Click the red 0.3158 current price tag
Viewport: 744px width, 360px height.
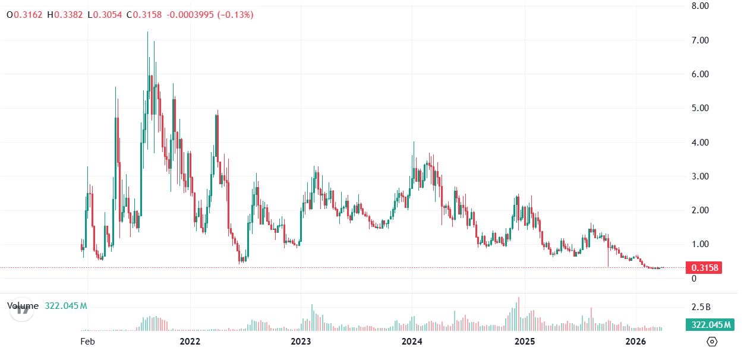pyautogui.click(x=704, y=267)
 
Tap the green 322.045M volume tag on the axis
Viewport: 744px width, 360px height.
pyautogui.click(x=710, y=324)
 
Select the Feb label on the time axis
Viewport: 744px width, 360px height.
pyautogui.click(x=87, y=342)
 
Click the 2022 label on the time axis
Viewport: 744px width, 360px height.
pyautogui.click(x=190, y=342)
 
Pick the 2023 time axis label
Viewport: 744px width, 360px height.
pyautogui.click(x=301, y=342)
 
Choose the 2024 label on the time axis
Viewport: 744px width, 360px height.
pyautogui.click(x=412, y=342)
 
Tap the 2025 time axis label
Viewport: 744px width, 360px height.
pyautogui.click(x=524, y=342)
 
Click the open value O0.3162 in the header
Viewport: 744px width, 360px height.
pyautogui.click(x=24, y=14)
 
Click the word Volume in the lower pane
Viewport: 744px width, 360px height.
pyautogui.click(x=23, y=306)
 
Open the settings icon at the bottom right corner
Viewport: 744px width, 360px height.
pyautogui.click(x=713, y=342)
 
